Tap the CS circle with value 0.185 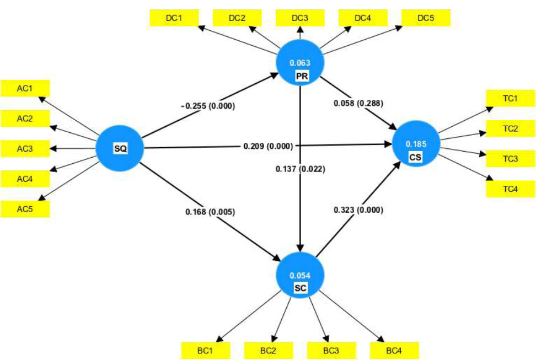coord(415,144)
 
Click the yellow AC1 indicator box coord(25,88)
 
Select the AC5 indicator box coord(25,208)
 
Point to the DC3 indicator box coord(300,18)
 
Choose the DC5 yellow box coord(426,18)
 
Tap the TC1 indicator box coord(510,99)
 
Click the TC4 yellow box coord(510,189)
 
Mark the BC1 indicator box coord(205,350)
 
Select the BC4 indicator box coord(394,350)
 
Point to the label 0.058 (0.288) coord(358,103)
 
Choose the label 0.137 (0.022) coord(301,170)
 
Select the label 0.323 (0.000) coord(358,209)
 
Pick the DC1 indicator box coord(174,18)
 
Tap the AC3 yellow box coord(25,148)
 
